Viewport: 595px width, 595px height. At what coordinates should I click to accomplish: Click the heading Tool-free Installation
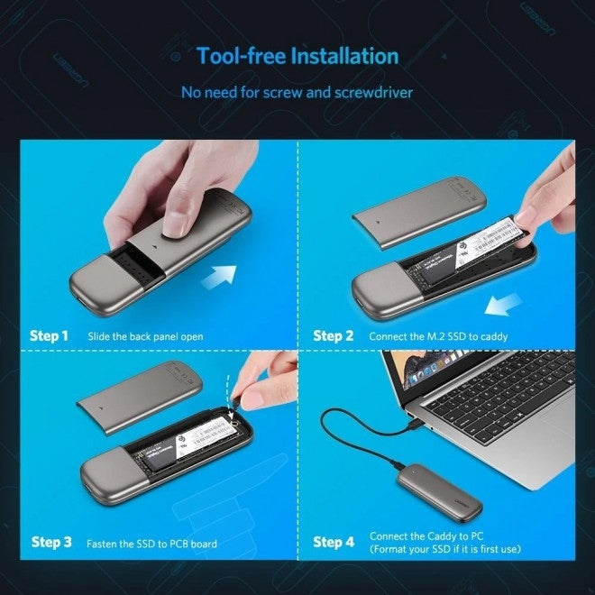coord(297,56)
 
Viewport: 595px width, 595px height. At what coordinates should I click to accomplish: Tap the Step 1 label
coord(50,336)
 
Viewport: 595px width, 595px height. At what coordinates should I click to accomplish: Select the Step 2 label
coord(334,336)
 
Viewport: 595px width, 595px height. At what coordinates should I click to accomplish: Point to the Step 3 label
coord(51,542)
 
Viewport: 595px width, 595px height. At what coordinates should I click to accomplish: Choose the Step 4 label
coord(334,542)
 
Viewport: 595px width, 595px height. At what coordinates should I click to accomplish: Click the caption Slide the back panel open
coord(145,337)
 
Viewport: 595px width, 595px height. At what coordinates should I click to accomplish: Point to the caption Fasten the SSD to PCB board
coord(151,544)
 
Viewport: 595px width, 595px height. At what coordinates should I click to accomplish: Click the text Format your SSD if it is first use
coord(446,550)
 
